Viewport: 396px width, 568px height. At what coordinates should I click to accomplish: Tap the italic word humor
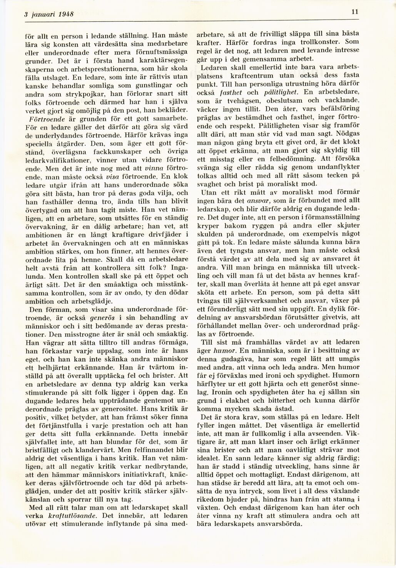(x=227, y=350)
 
